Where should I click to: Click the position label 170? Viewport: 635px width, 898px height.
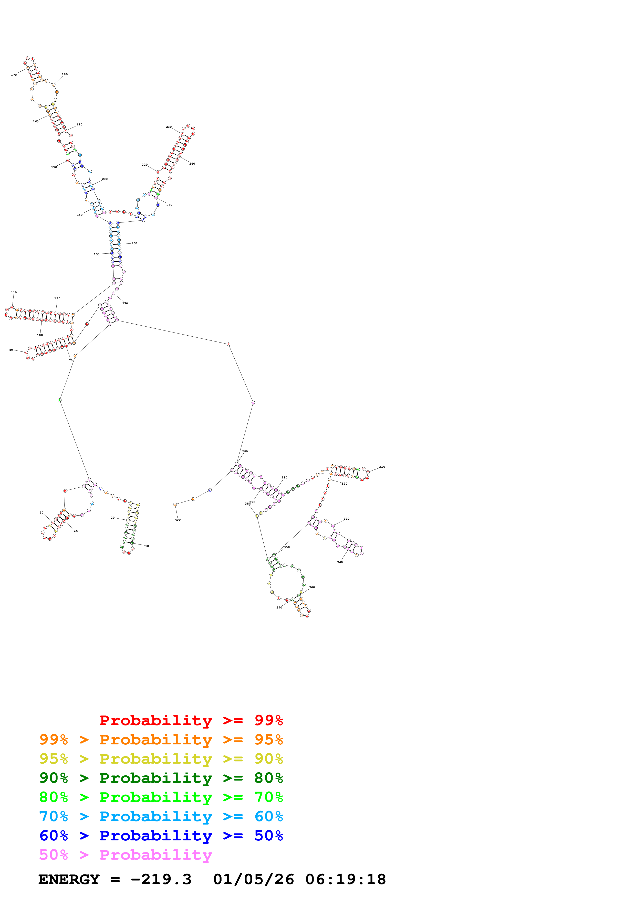click(x=14, y=75)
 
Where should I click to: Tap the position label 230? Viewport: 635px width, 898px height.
click(x=169, y=127)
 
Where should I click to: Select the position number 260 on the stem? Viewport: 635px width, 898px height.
click(x=134, y=243)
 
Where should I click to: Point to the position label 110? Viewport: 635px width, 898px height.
click(x=14, y=292)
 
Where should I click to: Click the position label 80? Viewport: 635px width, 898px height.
click(x=11, y=350)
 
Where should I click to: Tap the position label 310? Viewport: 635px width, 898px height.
click(x=382, y=467)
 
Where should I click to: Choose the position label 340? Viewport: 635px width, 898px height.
click(x=340, y=562)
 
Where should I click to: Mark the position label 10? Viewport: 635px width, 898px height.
click(x=147, y=546)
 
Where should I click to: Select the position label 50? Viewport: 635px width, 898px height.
click(x=41, y=512)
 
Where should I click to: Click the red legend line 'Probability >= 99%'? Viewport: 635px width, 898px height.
click(x=191, y=720)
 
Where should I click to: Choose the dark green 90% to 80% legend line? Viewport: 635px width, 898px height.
click(x=161, y=778)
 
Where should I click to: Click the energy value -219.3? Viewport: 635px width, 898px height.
click(x=161, y=879)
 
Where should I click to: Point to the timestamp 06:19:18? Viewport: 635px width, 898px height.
click(x=346, y=879)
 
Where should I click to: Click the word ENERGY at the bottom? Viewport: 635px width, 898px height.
click(x=69, y=879)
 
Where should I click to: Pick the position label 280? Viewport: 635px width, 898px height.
click(x=245, y=451)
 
